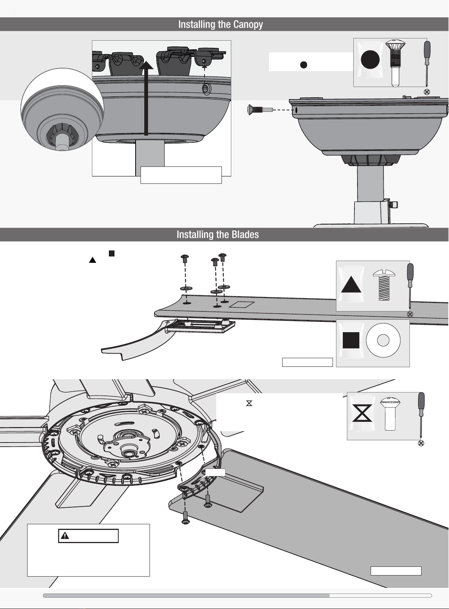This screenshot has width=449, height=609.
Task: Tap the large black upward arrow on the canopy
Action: (146, 98)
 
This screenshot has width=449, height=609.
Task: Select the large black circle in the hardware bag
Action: (370, 59)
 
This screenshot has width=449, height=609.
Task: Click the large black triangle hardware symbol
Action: (351, 285)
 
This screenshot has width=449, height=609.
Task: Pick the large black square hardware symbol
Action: (351, 340)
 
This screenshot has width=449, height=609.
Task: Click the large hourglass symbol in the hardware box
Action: (362, 413)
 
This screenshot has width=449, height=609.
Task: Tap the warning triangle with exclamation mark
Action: (65, 536)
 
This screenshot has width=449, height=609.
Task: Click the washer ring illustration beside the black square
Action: (383, 340)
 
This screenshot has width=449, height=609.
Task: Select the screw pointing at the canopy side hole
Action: (260, 110)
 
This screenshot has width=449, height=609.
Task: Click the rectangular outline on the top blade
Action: (242, 304)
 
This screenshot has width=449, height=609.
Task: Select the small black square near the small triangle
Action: (111, 253)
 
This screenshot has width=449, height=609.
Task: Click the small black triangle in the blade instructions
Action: (92, 260)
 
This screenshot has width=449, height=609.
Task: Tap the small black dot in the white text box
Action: (304, 65)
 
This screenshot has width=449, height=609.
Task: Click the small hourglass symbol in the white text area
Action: (249, 403)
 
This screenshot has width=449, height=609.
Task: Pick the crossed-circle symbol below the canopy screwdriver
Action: (427, 92)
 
